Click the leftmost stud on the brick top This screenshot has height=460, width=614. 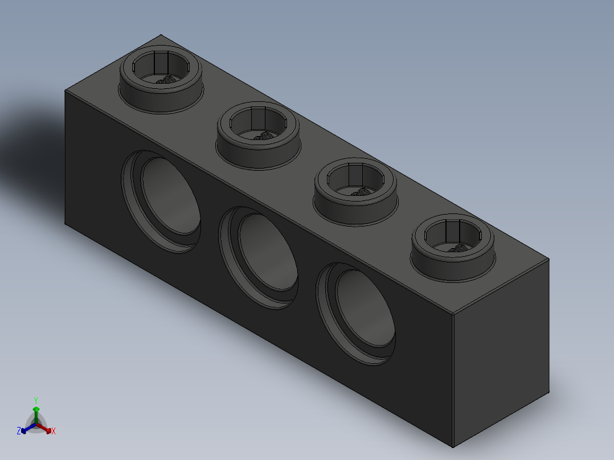pyautogui.click(x=161, y=80)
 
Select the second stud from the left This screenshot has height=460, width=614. pyautogui.click(x=258, y=135)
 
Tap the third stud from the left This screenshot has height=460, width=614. pyautogui.click(x=355, y=192)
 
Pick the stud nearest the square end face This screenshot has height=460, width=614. pyautogui.click(x=453, y=248)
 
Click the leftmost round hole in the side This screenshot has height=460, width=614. pyautogui.click(x=161, y=202)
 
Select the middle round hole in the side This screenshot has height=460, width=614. pyautogui.click(x=259, y=258)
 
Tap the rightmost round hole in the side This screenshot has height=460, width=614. pyautogui.click(x=355, y=314)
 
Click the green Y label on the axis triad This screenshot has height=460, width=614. pyautogui.click(x=36, y=400)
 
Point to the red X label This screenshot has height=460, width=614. pyautogui.click(x=54, y=431)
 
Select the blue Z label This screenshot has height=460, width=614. pyautogui.click(x=19, y=431)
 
